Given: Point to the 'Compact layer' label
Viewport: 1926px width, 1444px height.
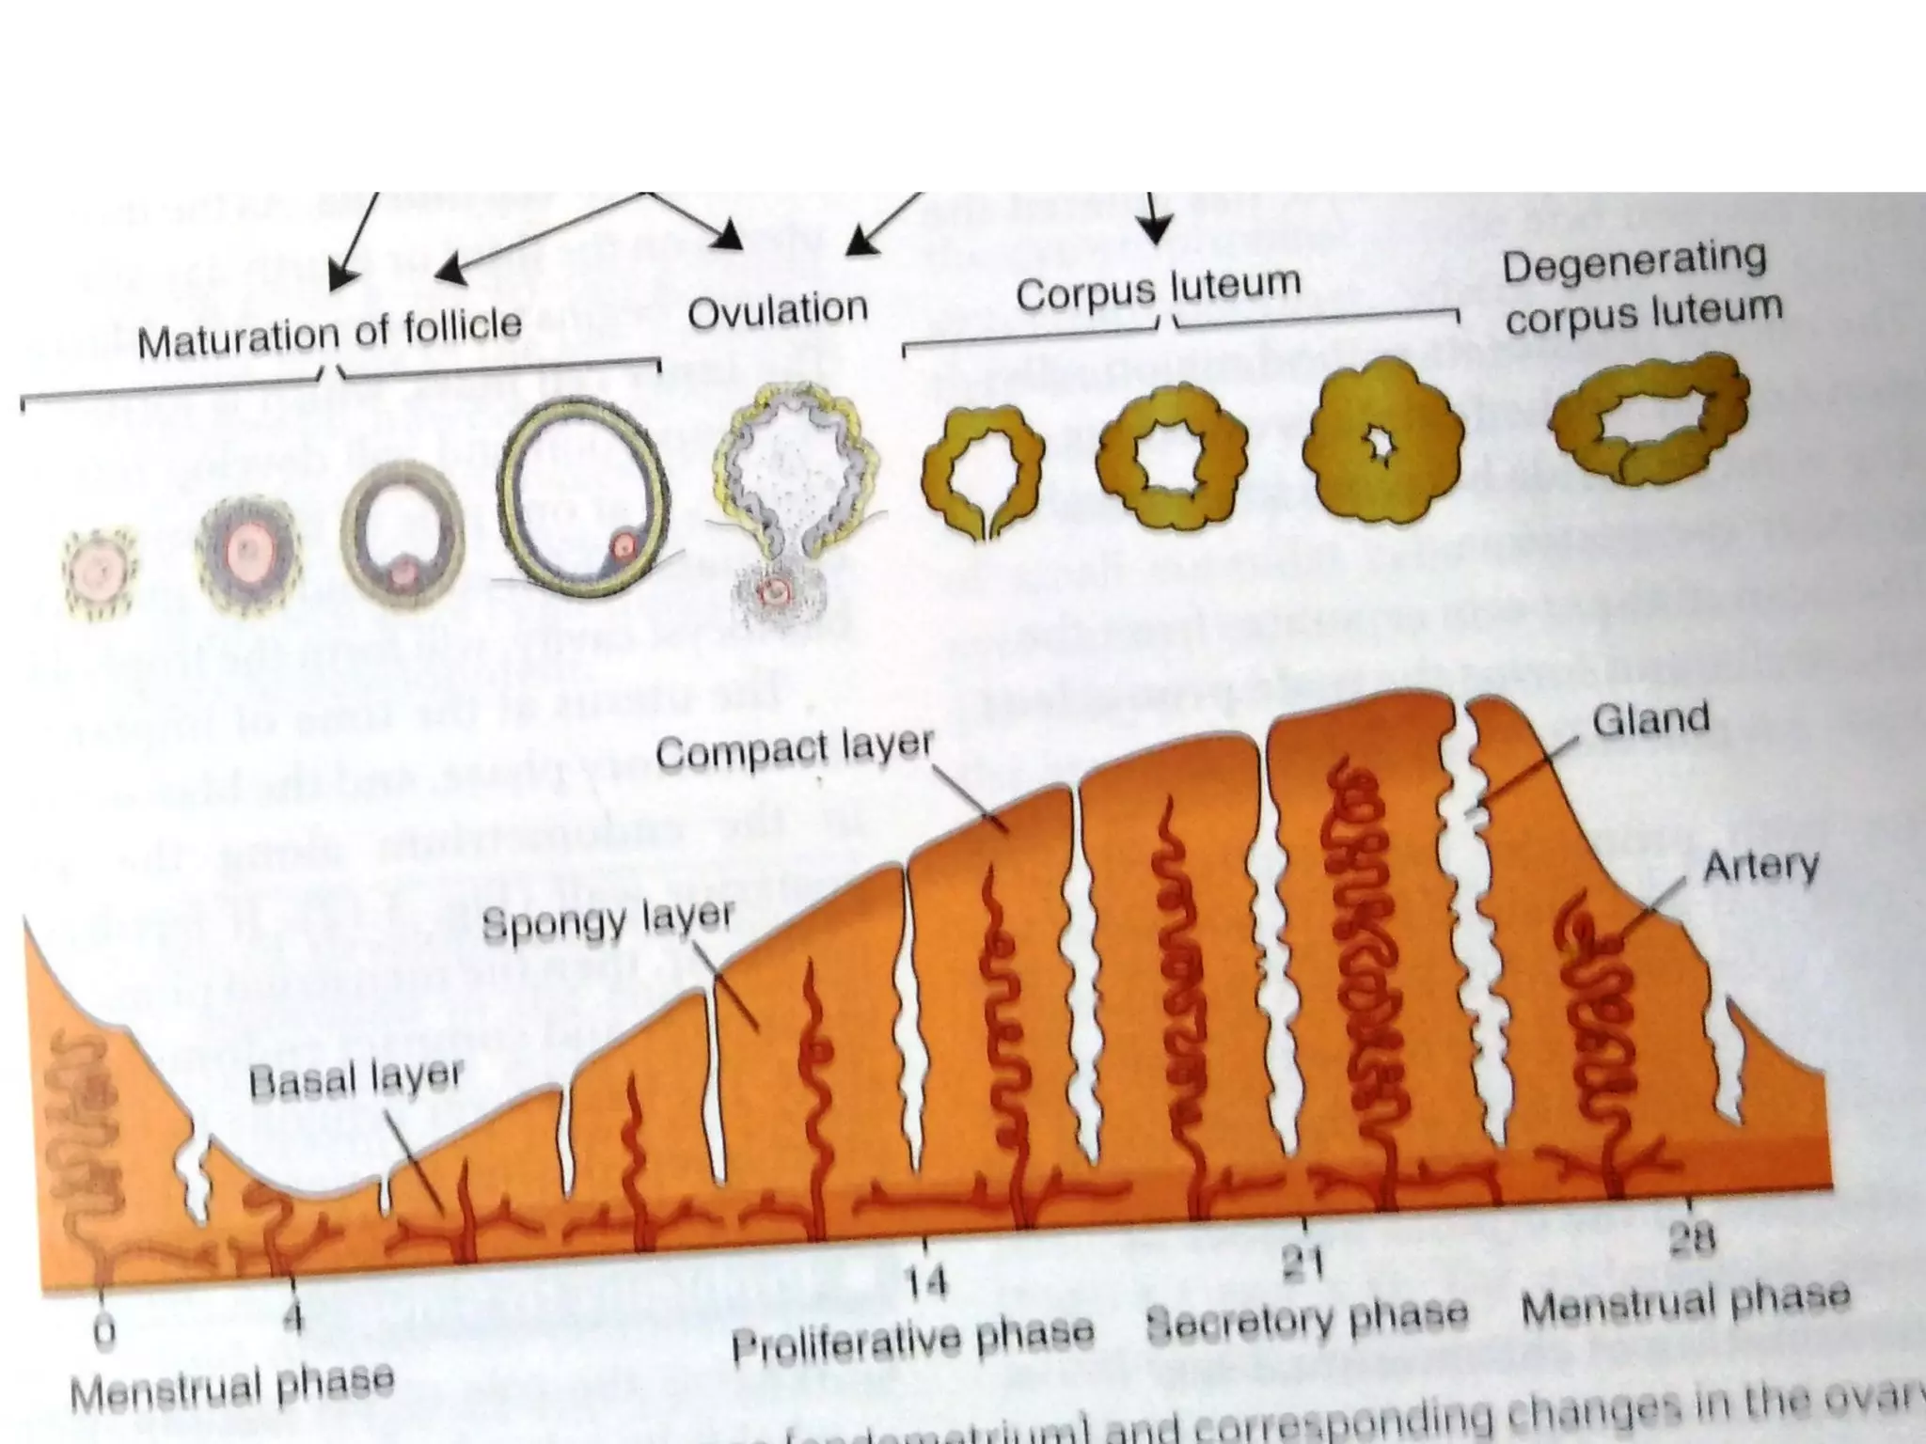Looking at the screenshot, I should click(795, 751).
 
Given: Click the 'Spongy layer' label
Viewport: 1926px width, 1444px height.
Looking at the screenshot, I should click(608, 921).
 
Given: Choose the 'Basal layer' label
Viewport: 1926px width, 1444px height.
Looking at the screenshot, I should click(356, 1080).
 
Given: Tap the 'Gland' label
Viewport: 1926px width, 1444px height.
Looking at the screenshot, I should click(1650, 720).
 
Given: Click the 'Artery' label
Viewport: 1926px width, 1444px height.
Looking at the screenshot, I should click(1760, 866).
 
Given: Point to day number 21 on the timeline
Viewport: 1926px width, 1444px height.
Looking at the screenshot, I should click(1305, 1263).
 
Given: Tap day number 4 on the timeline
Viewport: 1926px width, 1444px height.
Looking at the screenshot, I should click(294, 1319).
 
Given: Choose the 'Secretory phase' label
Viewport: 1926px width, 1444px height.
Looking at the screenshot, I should click(1307, 1316).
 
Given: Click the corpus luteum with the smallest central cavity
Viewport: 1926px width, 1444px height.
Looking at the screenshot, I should click(1382, 449).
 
